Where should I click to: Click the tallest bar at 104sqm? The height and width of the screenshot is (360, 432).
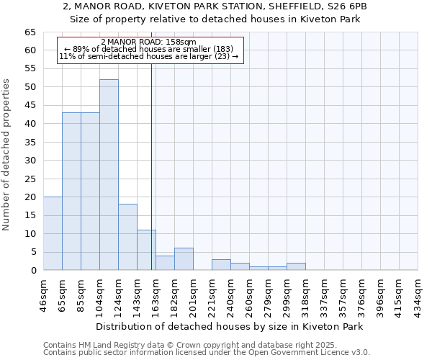[x=109, y=175]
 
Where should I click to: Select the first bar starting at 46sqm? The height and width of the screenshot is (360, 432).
[x=53, y=233]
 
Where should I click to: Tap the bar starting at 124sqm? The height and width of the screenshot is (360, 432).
[x=127, y=237]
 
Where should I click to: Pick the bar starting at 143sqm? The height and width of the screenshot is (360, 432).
[x=146, y=250]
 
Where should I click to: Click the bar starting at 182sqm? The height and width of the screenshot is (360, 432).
[x=184, y=259]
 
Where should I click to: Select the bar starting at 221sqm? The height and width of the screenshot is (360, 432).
[x=221, y=264]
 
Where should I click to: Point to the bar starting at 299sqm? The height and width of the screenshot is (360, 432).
[x=296, y=266]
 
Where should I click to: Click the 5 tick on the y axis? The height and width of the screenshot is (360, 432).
[x=32, y=252]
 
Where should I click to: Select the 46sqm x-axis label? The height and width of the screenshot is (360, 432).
[x=44, y=293]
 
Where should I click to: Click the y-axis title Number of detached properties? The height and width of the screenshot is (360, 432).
[x=7, y=155]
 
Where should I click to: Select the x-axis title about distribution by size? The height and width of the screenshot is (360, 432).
[x=229, y=326]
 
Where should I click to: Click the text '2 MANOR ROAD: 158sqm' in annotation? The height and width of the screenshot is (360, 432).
[x=148, y=42]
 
